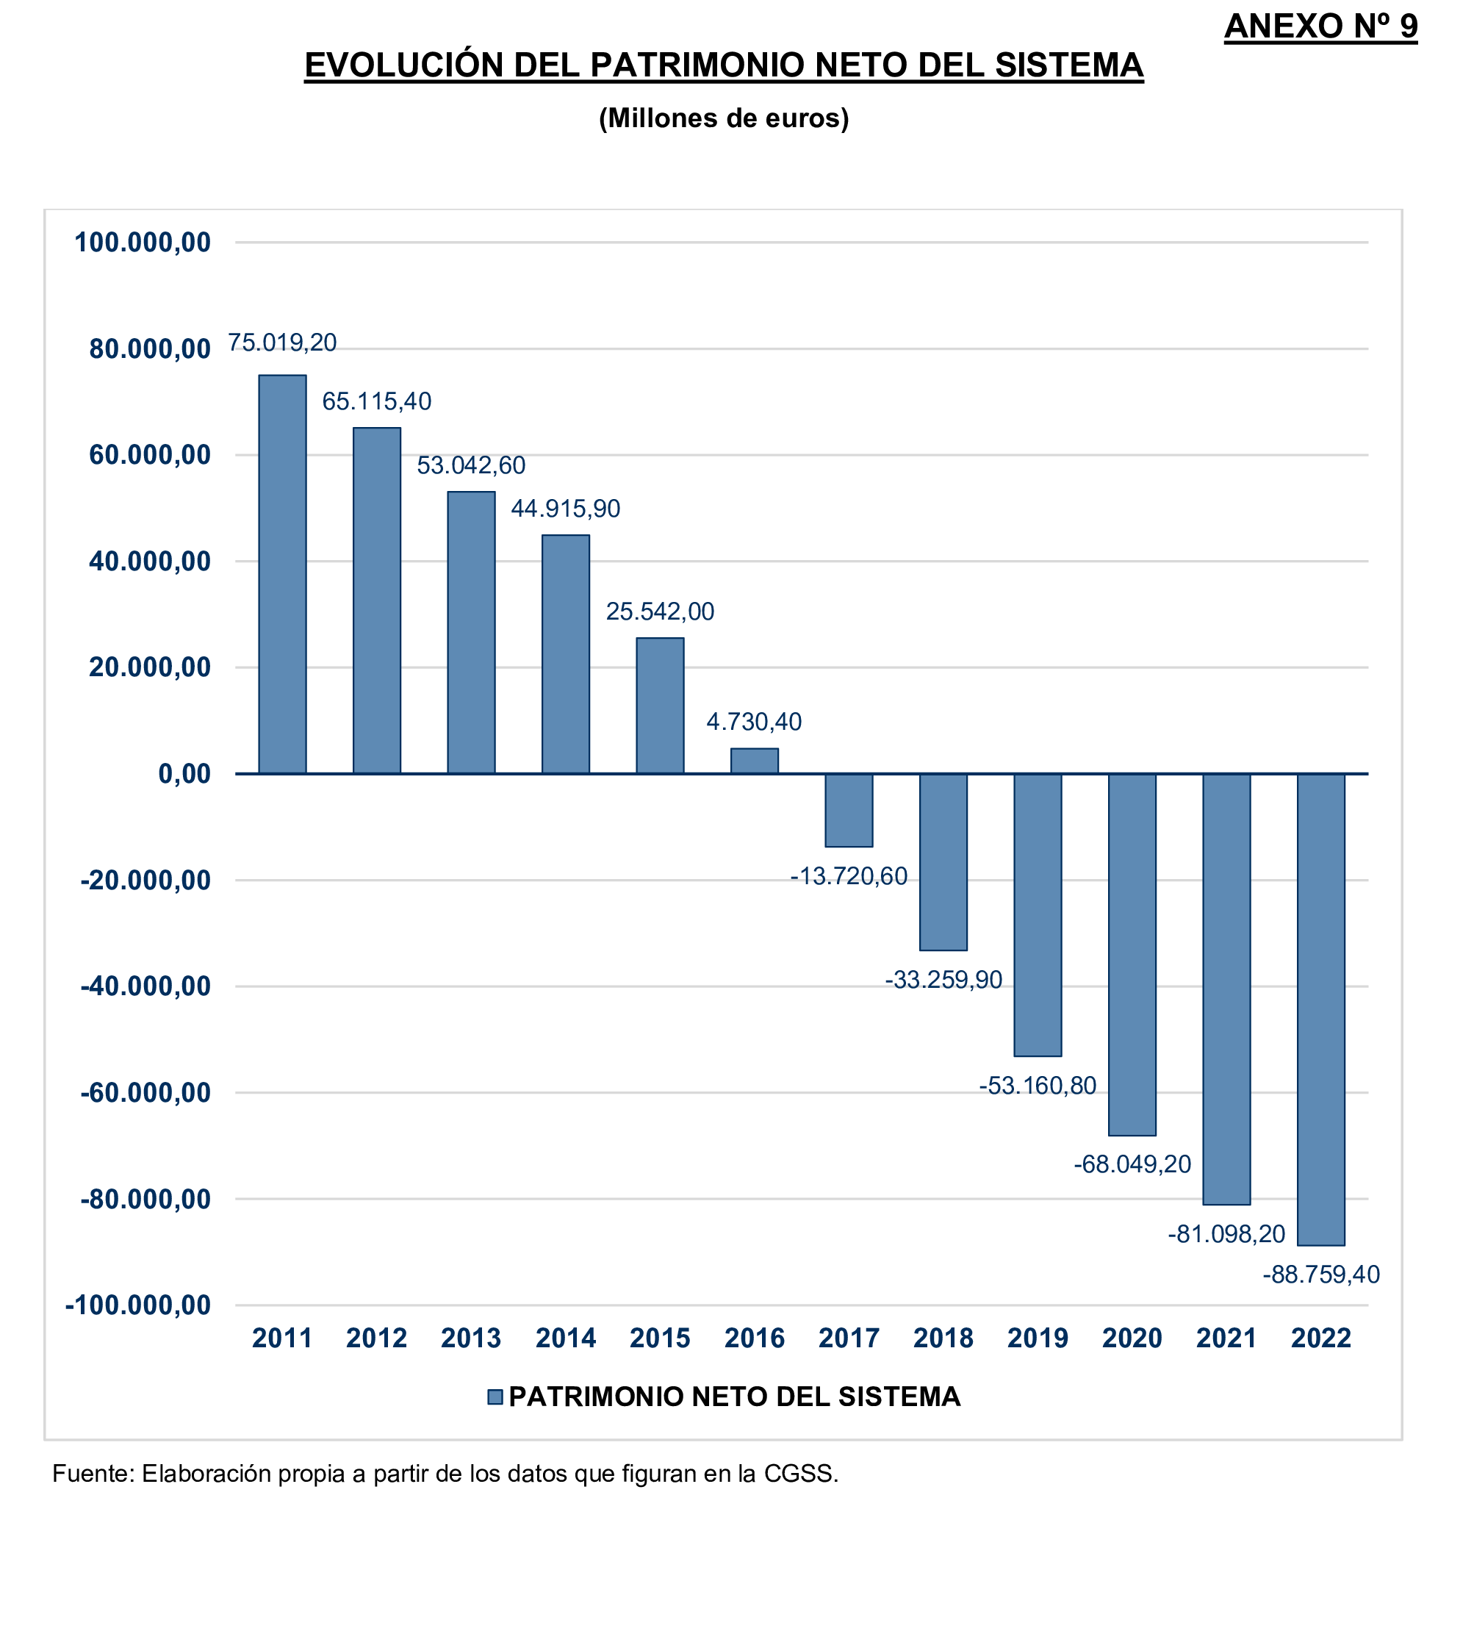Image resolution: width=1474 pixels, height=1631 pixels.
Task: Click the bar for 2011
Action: pos(282,573)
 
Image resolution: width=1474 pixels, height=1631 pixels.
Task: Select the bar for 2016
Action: pos(754,761)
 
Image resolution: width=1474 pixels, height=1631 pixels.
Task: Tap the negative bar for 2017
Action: pos(849,810)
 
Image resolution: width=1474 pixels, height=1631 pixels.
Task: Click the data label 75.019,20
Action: pos(282,343)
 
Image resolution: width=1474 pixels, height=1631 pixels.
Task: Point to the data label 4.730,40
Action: pos(754,722)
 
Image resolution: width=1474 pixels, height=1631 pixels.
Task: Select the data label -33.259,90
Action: pos(943,980)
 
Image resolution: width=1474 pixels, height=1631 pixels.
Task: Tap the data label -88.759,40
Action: pos(1320,1275)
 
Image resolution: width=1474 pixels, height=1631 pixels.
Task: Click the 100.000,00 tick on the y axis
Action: pos(143,242)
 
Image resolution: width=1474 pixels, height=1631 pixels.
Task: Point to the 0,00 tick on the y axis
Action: pos(184,773)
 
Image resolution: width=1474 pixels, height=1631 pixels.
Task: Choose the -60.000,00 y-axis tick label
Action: pos(145,1092)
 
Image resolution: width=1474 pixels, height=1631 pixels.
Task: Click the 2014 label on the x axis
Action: pos(566,1338)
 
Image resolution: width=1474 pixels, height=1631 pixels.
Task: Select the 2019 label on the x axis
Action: pos(1037,1338)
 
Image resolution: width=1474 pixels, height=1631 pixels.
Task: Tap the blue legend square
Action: pos(495,1397)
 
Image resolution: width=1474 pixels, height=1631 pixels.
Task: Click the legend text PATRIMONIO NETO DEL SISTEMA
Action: pos(734,1397)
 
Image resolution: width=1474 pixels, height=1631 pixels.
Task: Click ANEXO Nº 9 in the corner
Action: pos(1320,26)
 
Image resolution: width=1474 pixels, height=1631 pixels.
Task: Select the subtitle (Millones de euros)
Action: pos(723,118)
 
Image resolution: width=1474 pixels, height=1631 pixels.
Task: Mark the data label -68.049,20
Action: pos(1132,1164)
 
